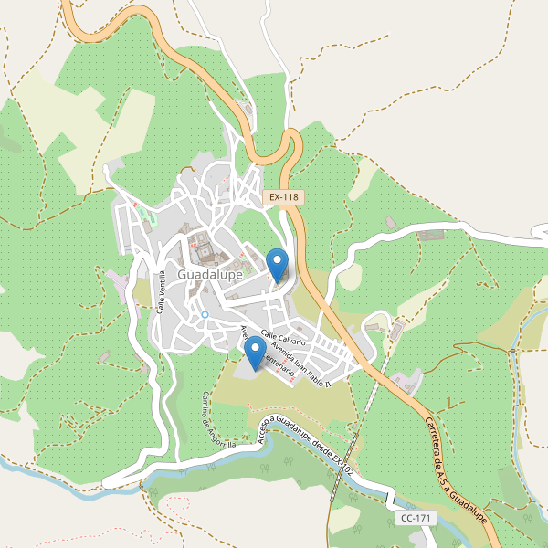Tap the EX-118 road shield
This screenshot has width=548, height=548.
pos(282,197)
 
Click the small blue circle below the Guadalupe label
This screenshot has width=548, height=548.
pos(205,314)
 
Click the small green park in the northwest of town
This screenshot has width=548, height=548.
pos(146,218)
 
